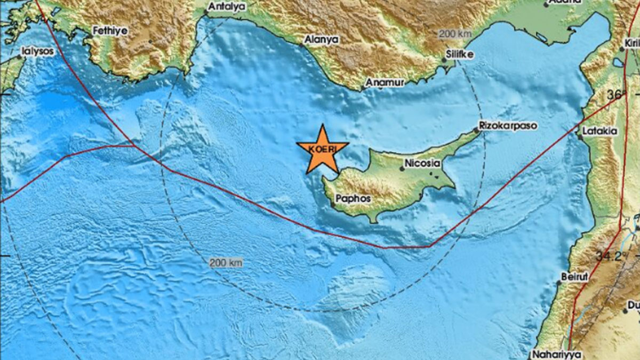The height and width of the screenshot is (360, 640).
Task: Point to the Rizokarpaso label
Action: pos(508,125)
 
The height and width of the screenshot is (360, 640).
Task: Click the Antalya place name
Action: pos(227,6)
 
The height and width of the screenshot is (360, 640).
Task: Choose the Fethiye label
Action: pos(110,30)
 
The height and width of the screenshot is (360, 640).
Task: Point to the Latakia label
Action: pos(600,131)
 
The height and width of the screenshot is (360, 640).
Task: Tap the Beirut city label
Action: pos(574,277)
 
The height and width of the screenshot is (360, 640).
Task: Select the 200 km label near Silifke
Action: pos(455,34)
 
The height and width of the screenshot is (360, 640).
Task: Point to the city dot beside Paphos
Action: pos(333,203)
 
